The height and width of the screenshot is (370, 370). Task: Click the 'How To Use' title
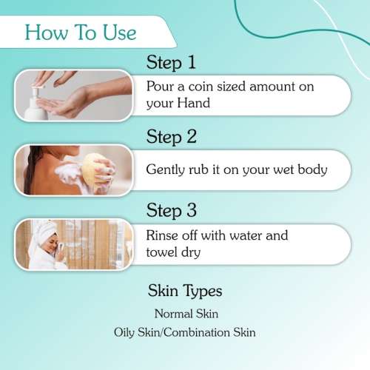[x=81, y=32]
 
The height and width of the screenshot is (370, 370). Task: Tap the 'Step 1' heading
[x=171, y=61]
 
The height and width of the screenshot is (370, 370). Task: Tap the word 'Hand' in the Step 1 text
[x=193, y=104]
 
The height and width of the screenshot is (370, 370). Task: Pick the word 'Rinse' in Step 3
[x=164, y=236]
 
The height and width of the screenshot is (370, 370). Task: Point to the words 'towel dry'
[x=174, y=252]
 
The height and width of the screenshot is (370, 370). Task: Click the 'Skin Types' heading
[x=185, y=290]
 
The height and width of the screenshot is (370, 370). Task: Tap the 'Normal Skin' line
[x=186, y=314]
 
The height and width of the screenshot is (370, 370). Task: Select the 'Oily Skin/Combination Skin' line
[x=185, y=332]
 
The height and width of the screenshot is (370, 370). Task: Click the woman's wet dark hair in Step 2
[x=33, y=170]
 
